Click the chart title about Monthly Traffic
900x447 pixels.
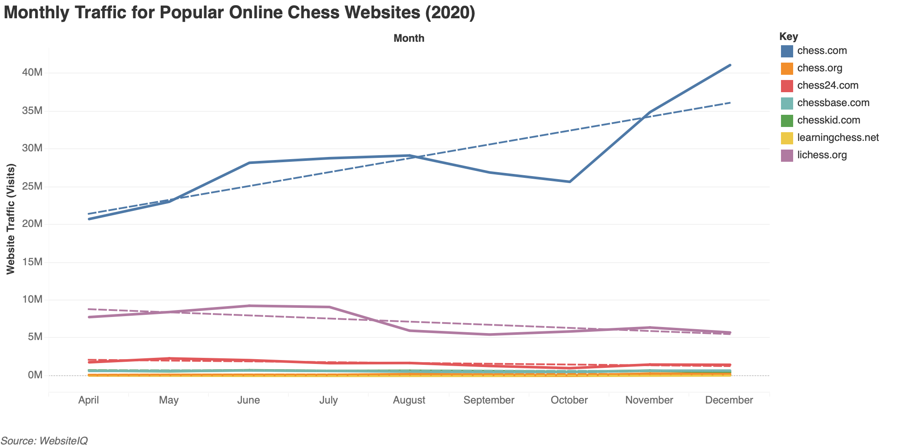point(239,13)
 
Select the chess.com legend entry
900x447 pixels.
point(822,51)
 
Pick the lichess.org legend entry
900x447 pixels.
point(822,155)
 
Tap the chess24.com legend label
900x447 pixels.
point(827,86)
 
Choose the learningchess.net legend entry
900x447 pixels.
point(838,138)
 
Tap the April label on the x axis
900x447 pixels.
point(89,400)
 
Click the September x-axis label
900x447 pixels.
point(489,400)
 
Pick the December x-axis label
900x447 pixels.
point(729,400)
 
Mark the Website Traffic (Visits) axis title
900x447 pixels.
point(11,219)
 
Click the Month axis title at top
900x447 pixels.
point(409,38)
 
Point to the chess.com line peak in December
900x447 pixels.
point(730,65)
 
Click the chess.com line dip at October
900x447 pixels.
point(569,182)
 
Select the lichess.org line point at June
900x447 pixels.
point(249,306)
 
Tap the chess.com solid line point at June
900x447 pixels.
point(249,163)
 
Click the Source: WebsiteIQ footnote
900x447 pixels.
point(44,440)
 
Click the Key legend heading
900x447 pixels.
point(788,37)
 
